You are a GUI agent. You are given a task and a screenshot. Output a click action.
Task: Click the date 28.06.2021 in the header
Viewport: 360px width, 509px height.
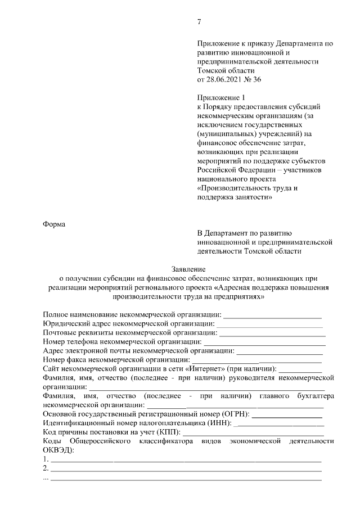tap(225, 80)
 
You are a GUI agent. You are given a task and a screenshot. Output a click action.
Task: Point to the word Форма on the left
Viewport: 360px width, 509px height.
tap(54, 224)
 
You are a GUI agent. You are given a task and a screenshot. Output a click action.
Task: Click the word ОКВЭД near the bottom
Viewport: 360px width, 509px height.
tap(55, 450)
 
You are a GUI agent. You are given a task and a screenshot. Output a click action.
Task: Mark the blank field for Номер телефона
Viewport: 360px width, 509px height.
tap(264, 343)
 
